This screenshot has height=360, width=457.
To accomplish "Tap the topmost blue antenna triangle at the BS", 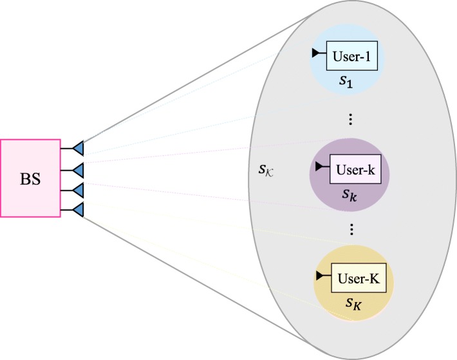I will (x=78, y=148).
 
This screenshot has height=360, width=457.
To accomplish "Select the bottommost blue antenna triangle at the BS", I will (x=78, y=209).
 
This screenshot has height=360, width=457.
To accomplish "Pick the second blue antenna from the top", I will (x=78, y=169).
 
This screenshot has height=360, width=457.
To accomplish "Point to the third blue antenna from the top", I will (x=78, y=189).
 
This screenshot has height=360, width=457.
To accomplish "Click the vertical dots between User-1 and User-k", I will (x=351, y=119).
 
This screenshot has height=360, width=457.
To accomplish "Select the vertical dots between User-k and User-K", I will (x=351, y=229).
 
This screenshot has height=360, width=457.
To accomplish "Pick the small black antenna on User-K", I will (x=319, y=276).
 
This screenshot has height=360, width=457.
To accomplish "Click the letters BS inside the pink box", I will (x=30, y=177).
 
